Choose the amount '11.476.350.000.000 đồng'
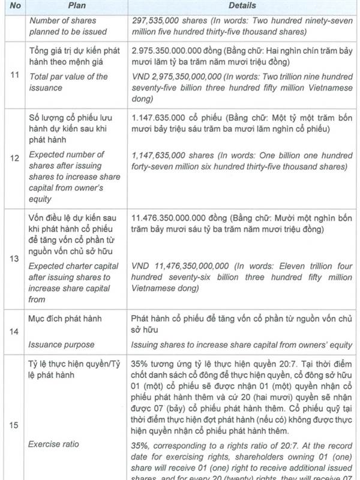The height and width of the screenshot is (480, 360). (179, 217)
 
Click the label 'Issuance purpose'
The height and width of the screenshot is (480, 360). (61, 344)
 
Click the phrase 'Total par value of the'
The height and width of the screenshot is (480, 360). (68, 77)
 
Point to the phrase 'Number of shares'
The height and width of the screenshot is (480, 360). (60, 20)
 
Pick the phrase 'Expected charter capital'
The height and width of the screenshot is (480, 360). (74, 266)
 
